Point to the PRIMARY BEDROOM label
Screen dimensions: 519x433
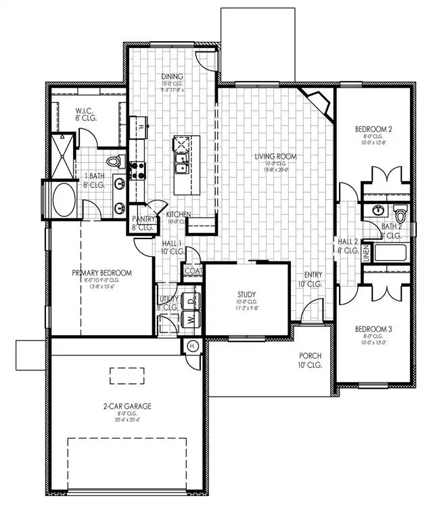click(102, 273)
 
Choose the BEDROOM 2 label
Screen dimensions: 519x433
click(374, 128)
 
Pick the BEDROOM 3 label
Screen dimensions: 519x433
click(374, 330)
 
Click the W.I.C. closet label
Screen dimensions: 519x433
click(84, 112)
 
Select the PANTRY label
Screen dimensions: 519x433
click(143, 219)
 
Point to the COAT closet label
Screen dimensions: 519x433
click(192, 271)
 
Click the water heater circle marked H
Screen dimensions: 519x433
click(191, 346)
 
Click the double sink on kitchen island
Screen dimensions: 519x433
click(181, 163)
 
